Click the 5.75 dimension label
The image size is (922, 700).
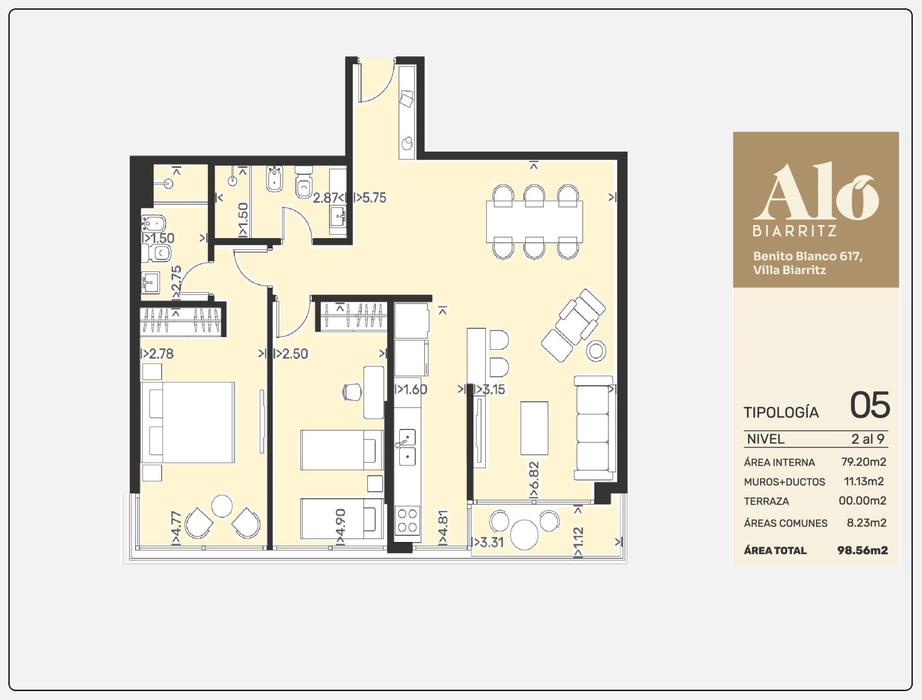click(370, 198)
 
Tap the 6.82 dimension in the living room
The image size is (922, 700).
click(534, 479)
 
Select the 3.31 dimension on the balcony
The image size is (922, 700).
click(487, 542)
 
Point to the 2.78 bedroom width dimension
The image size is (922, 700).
click(157, 353)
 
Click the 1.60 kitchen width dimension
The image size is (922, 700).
click(411, 389)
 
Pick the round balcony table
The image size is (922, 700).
click(524, 534)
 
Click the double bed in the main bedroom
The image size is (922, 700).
click(188, 423)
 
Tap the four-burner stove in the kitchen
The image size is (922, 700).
click(407, 520)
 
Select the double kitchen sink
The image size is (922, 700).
click(407, 447)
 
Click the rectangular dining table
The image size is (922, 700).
click(534, 222)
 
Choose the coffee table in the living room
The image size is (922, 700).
click(534, 428)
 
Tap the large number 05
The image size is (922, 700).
click(870, 405)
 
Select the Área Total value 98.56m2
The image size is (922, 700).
click(863, 550)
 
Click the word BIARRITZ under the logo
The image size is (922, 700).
click(795, 231)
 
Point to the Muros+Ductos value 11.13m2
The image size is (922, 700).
click(864, 481)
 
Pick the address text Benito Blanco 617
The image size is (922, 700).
click(808, 256)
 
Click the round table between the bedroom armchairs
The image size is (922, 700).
click(222, 506)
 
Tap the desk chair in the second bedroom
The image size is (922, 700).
click(352, 392)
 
